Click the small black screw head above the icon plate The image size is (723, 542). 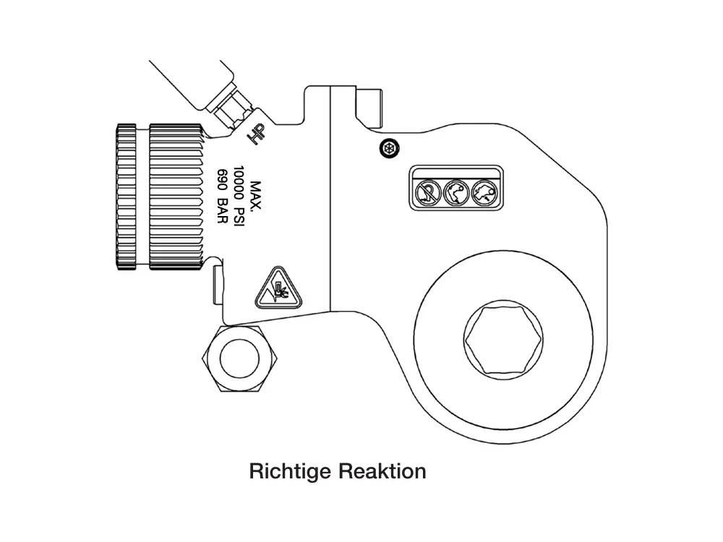pyautogui.click(x=389, y=148)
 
